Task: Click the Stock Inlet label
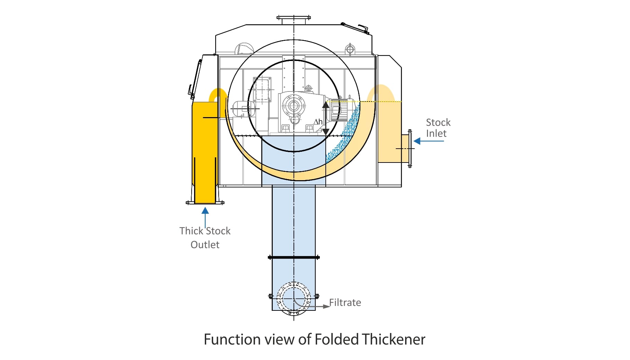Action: coord(438,128)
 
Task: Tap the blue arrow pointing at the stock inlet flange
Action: coord(428,141)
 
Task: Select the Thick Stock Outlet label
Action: coord(205,238)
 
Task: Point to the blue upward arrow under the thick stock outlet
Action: coord(205,217)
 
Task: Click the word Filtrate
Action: coord(345,302)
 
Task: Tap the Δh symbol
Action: coord(318,122)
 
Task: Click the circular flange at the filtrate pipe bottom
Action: coord(294,298)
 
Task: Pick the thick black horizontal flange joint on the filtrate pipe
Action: coord(294,257)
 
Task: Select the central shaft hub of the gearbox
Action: coord(294,106)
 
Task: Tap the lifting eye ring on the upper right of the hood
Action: coord(350,50)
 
